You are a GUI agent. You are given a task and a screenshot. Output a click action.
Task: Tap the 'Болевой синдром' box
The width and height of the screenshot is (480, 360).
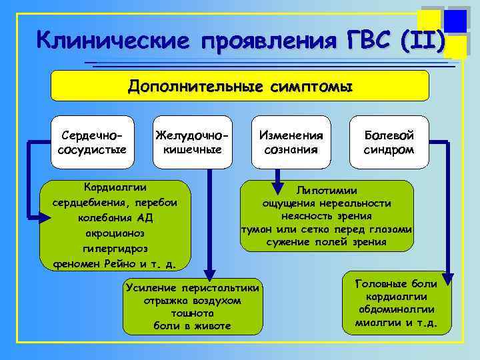[x=389, y=142]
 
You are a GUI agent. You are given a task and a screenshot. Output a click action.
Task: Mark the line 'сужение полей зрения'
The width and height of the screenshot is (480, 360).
[x=327, y=242]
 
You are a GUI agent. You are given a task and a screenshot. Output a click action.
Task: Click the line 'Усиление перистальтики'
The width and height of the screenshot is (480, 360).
[x=194, y=287]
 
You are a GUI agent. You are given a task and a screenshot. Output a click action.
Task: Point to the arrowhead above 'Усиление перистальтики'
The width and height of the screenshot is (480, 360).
[x=209, y=273]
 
